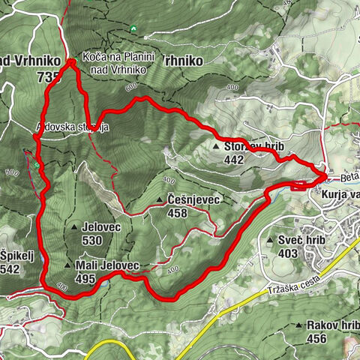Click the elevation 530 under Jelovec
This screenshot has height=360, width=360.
(x=91, y=241)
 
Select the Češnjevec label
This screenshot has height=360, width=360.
(x=193, y=201)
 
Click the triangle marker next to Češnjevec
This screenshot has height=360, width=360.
(x=160, y=201)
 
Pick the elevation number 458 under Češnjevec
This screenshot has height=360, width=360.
(x=177, y=213)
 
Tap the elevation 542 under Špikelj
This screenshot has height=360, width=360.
(x=10, y=268)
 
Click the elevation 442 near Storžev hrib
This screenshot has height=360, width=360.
(x=233, y=159)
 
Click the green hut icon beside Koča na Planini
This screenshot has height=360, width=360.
(x=85, y=54)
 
